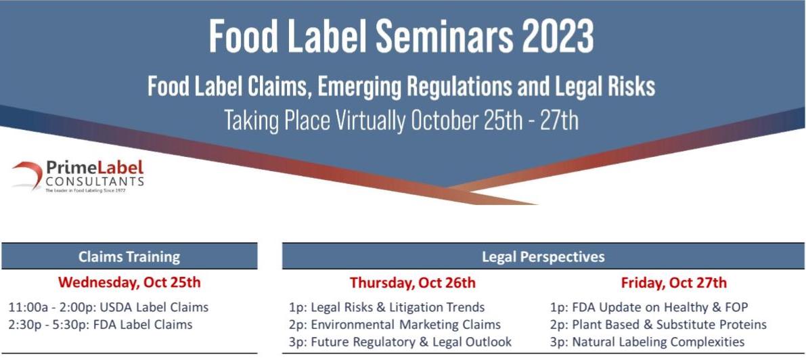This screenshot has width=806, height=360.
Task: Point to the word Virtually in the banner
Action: tap(369, 121)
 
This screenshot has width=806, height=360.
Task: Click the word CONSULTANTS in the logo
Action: tap(95, 181)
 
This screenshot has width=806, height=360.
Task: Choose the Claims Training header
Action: tap(129, 256)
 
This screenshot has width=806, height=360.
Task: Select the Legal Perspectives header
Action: tap(543, 256)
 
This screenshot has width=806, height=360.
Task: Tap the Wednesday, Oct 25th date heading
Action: tap(129, 282)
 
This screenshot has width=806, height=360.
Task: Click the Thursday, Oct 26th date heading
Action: tap(413, 283)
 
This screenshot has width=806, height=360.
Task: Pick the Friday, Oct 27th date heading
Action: tap(674, 283)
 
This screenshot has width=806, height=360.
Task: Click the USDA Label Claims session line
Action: tap(108, 307)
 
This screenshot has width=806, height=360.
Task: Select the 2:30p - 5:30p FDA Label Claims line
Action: tap(101, 325)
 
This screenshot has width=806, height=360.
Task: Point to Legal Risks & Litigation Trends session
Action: tap(386, 307)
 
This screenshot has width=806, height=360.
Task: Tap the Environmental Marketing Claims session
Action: tap(395, 325)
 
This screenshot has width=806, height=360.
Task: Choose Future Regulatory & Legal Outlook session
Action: tap(401, 342)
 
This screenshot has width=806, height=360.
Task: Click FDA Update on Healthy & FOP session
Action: tap(649, 307)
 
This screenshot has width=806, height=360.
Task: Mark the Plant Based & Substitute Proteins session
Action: tap(658, 325)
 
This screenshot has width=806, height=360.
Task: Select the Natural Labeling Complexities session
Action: tap(647, 342)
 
